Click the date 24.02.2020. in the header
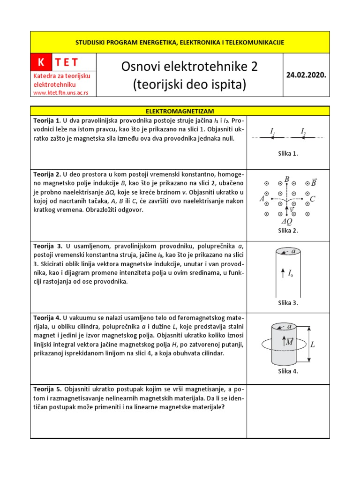coord(307,75)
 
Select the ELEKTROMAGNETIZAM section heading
coord(180,111)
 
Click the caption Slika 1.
coord(288,153)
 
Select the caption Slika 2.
coord(288,230)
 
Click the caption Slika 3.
coord(288,302)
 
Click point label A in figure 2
coord(262,199)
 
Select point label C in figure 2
coord(313,199)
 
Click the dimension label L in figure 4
coord(313,345)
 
